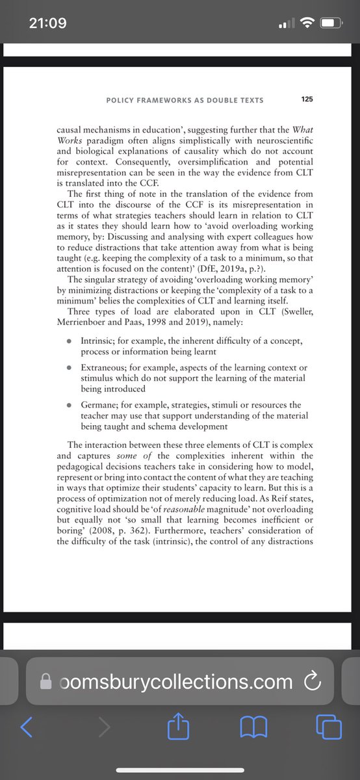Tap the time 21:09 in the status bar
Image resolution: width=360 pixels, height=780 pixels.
(x=47, y=23)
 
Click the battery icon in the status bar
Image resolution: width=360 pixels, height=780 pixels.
(x=330, y=23)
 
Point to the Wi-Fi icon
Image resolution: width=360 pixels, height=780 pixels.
(x=307, y=23)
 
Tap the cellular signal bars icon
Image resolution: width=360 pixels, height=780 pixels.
(x=285, y=24)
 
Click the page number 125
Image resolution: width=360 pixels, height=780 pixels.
(x=307, y=99)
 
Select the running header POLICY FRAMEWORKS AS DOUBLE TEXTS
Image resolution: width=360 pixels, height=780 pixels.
(x=186, y=100)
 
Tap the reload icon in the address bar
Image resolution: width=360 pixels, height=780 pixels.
(x=313, y=682)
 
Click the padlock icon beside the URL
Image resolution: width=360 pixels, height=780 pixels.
(x=45, y=681)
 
